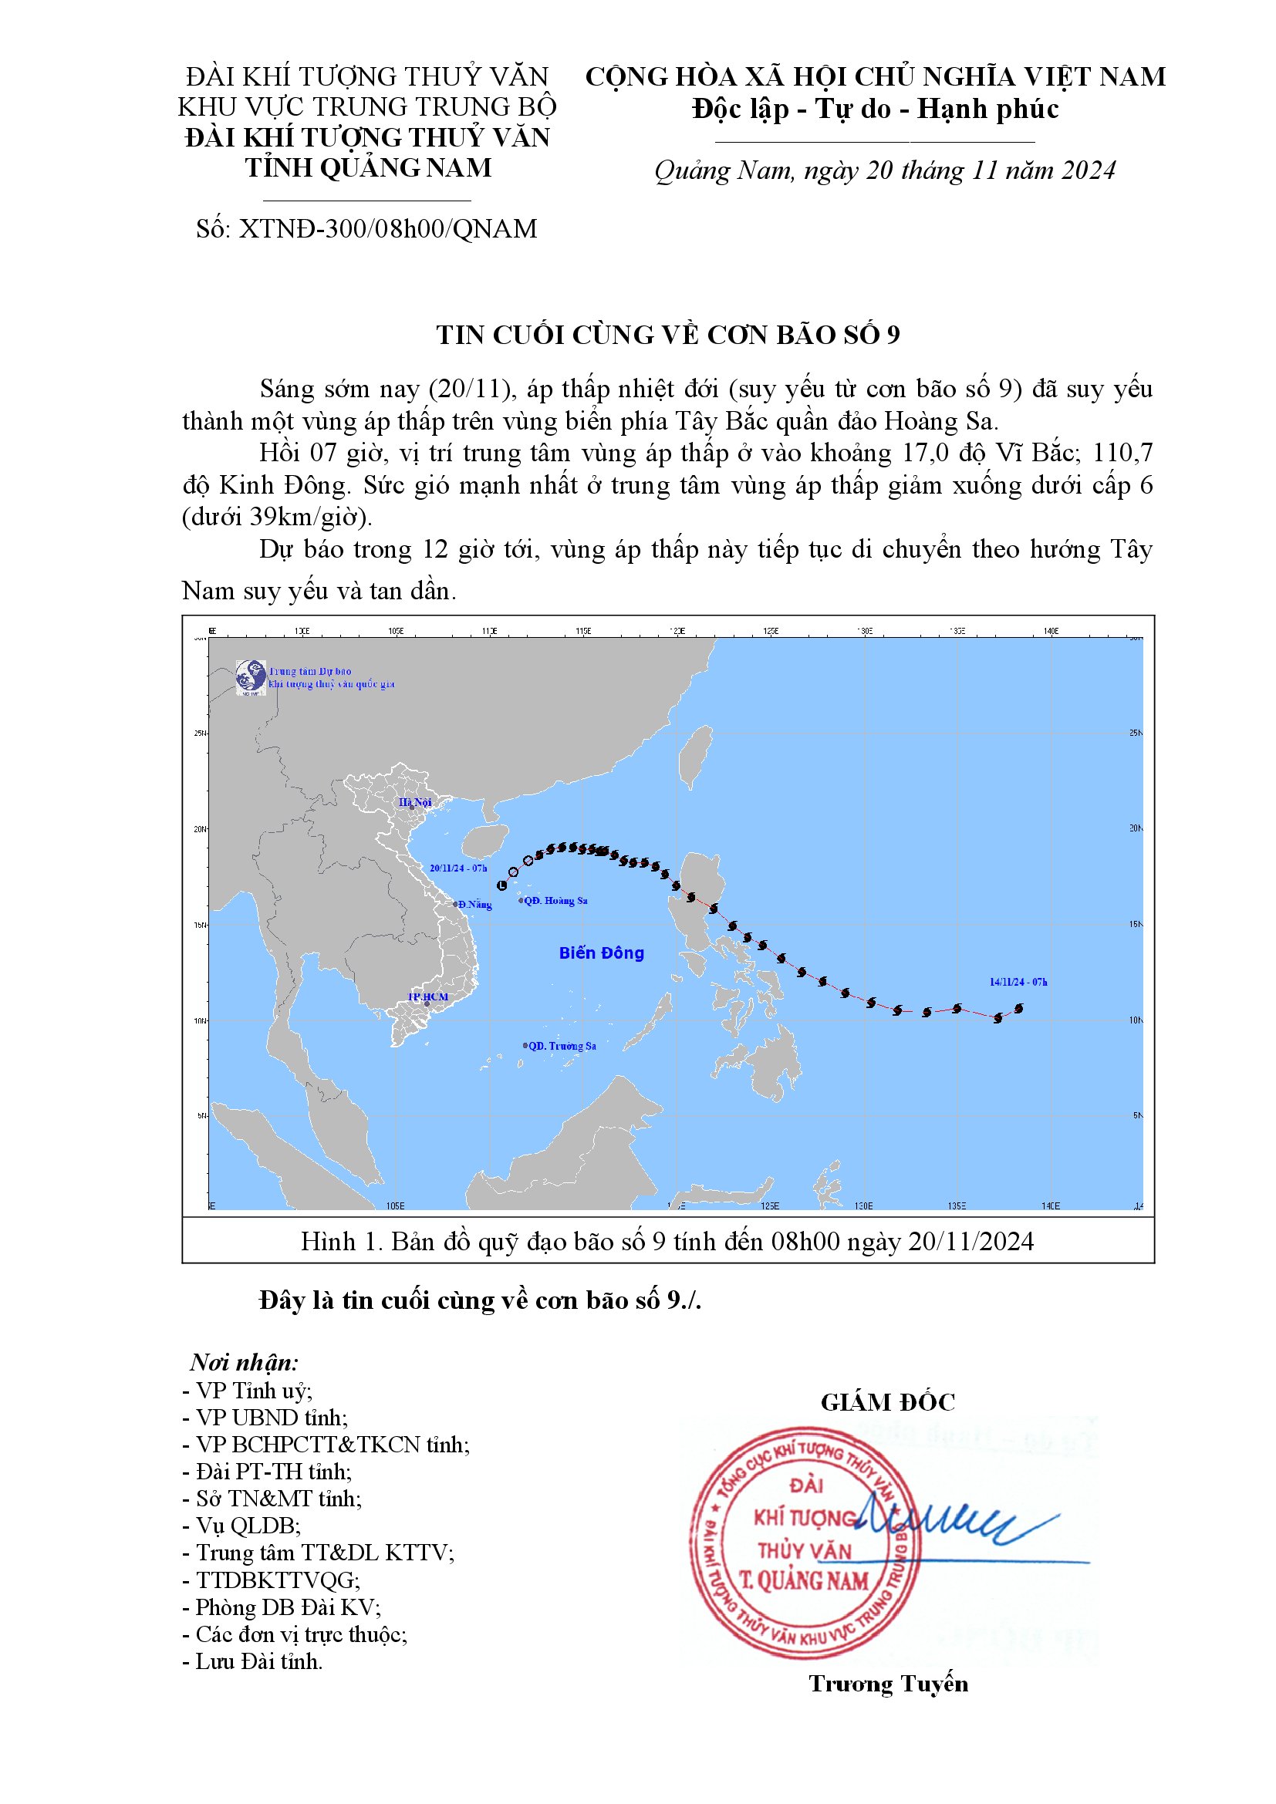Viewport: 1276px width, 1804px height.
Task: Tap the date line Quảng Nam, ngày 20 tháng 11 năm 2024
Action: point(885,170)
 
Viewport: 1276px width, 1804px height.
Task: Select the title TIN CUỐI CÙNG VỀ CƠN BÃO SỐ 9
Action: point(668,335)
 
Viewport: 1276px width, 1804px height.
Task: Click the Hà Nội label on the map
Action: point(415,802)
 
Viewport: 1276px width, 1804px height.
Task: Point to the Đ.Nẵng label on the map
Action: point(474,905)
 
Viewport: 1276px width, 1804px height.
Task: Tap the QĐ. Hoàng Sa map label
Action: point(555,900)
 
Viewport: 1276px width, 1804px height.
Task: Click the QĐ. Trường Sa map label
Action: point(561,1046)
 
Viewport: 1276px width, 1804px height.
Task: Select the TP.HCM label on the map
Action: point(427,997)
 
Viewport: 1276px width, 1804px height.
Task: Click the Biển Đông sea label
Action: point(601,953)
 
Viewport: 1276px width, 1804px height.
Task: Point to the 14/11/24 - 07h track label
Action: point(1018,982)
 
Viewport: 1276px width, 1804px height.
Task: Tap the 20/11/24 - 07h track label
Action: point(458,868)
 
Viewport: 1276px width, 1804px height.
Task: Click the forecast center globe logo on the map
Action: point(251,676)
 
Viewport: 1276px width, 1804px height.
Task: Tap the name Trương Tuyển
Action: point(888,1684)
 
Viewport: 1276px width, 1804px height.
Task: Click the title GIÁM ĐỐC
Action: point(888,1402)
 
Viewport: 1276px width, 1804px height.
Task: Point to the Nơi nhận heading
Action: point(244,1362)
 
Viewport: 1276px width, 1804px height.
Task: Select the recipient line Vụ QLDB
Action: point(241,1526)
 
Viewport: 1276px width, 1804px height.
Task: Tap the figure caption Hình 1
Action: point(667,1242)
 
